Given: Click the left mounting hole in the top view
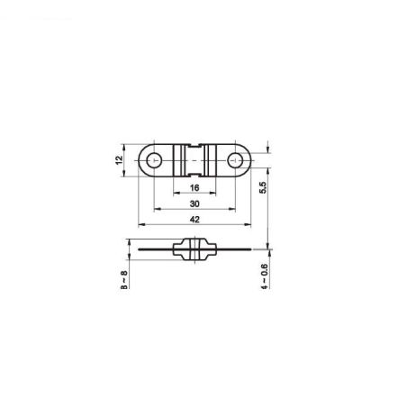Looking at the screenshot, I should point(155,160).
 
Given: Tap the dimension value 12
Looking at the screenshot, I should point(117,160).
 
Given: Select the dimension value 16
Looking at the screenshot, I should point(194,189).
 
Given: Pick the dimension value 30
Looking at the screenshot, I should point(194,205).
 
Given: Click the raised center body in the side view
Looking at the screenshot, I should point(194,249).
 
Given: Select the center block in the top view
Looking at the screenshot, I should point(194,160).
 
